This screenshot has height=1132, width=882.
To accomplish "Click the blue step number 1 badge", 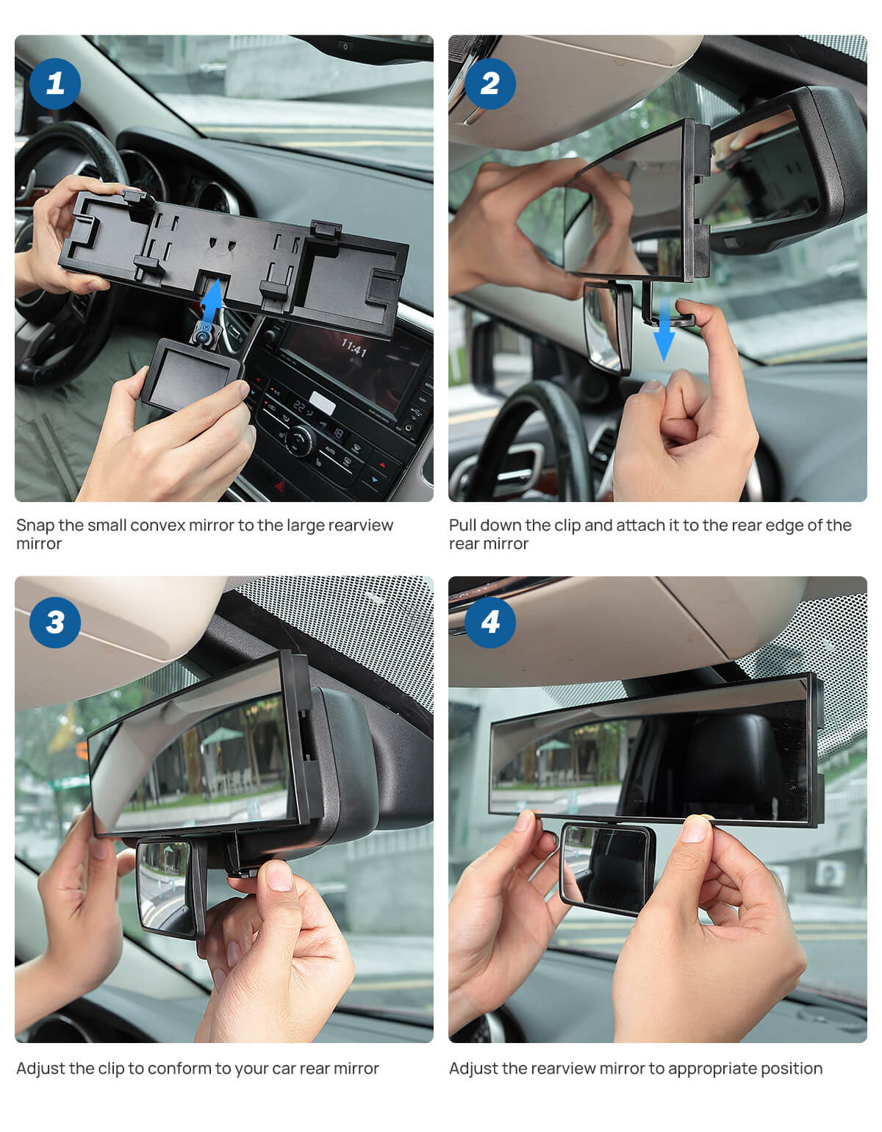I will coord(55,83).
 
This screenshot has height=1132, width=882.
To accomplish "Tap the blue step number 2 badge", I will coord(490,83).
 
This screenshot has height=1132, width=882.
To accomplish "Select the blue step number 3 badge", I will coord(55,623).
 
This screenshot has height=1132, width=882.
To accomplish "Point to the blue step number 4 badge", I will coord(490,623).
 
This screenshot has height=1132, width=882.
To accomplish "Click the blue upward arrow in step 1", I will coord(212,301).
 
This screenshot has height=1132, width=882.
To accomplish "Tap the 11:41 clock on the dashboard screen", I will coord(354,347).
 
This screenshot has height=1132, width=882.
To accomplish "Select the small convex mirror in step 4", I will coord(607,868).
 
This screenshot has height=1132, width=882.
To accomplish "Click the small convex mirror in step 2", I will coord(607,328).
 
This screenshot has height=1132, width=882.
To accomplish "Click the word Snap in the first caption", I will coord(35,526).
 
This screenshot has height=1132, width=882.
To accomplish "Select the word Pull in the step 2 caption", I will coord(463,526).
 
